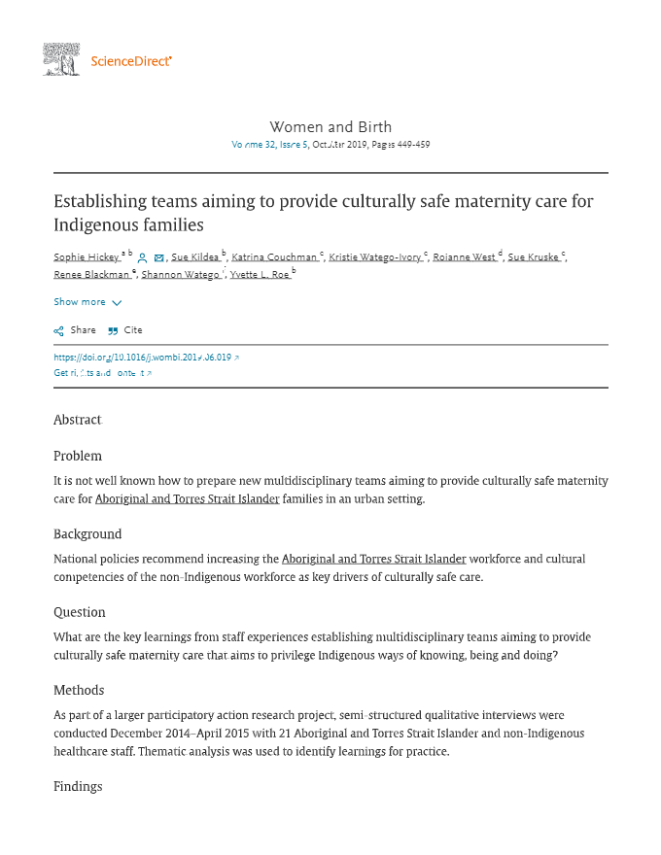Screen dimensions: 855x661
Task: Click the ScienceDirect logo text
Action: [130, 61]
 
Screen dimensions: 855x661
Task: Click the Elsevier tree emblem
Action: [61, 59]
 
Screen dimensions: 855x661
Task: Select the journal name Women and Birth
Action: [330, 126]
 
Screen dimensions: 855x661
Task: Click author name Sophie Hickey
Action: [86, 257]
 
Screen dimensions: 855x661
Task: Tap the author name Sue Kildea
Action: [194, 257]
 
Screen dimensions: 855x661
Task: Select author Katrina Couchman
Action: [274, 257]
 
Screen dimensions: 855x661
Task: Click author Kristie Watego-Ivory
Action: [374, 257]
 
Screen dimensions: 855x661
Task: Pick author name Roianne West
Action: [464, 257]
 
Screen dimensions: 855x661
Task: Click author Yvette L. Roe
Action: [259, 275]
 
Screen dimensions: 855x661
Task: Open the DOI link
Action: [142, 358]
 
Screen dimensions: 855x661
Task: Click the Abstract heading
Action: [77, 420]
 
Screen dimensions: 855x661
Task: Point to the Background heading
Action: [87, 534]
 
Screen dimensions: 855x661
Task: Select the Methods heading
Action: [79, 691]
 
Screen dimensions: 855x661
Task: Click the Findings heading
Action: [78, 786]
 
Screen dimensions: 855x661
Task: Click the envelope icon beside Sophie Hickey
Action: [159, 258]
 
